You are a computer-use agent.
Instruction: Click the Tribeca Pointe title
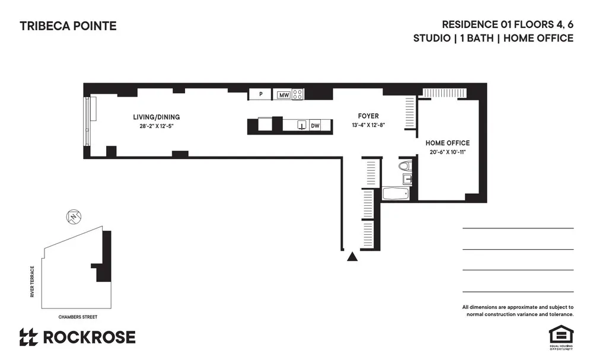68,26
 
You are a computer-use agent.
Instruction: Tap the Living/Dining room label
156,117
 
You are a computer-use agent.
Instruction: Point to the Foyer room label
368,116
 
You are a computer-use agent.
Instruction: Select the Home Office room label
448,143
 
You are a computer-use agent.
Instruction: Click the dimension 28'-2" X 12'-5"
156,126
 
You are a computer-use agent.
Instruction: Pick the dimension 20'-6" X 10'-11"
448,152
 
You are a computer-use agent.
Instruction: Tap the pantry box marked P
260,94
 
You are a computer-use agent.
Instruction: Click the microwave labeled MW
283,94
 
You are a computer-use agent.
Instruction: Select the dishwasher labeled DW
315,125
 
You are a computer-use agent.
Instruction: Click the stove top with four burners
298,94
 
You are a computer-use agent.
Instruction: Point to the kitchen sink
301,125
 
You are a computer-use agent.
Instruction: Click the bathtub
395,193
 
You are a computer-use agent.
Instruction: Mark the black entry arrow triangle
352,257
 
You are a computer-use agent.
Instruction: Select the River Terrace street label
34,282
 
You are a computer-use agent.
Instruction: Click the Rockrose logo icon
28,337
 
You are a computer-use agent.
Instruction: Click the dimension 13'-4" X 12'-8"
368,125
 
